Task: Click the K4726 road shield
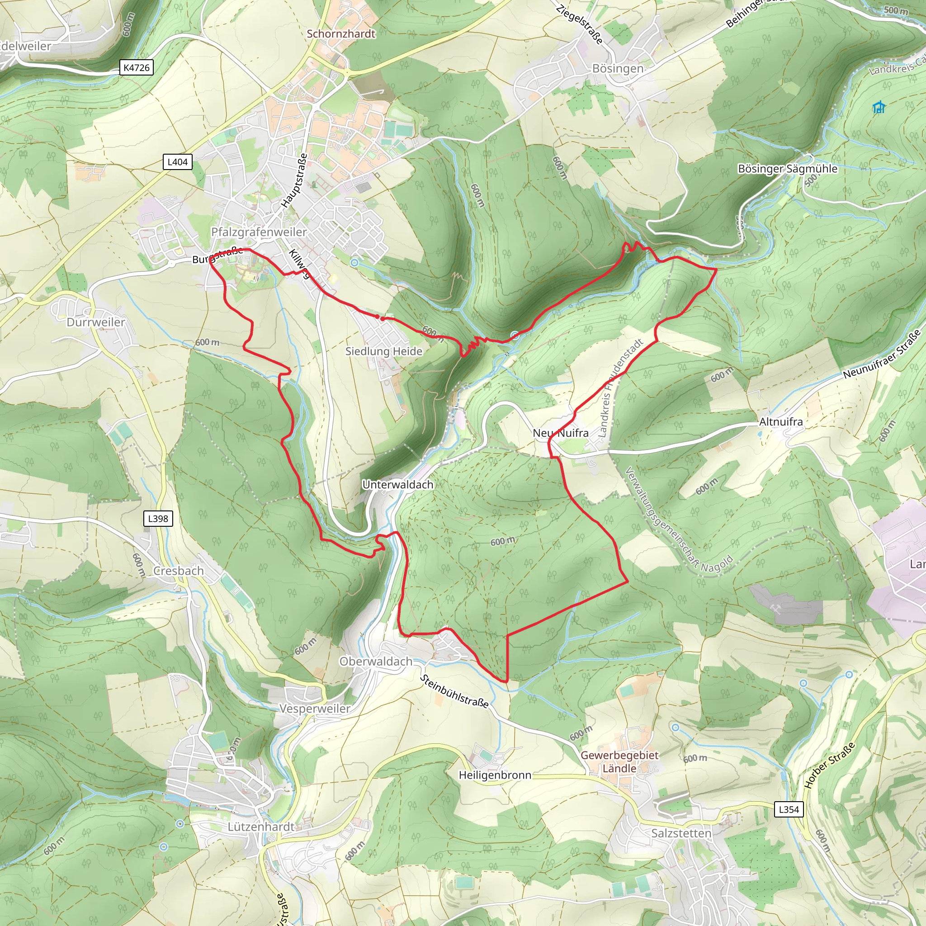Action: coord(136,67)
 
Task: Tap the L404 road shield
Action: coord(177,162)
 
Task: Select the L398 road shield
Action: coord(158,519)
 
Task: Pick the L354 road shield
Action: coord(789,809)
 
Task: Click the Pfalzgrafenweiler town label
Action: coord(259,232)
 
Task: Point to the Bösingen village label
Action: coord(618,69)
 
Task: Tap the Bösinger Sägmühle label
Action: coord(788,169)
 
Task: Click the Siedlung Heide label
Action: coord(384,351)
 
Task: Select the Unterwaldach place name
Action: coord(398,485)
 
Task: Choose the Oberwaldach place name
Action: coord(376,661)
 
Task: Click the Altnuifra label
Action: coord(781,422)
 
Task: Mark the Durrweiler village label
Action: coord(96,322)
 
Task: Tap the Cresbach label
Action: coord(178,571)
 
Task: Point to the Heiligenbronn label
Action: coord(495,775)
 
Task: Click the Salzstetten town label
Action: coord(681,833)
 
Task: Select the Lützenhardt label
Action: coord(261,827)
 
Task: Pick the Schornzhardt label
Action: coord(341,33)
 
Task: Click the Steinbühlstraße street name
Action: coord(454,691)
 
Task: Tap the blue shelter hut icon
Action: coord(879,107)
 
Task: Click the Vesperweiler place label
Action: coord(315,709)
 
